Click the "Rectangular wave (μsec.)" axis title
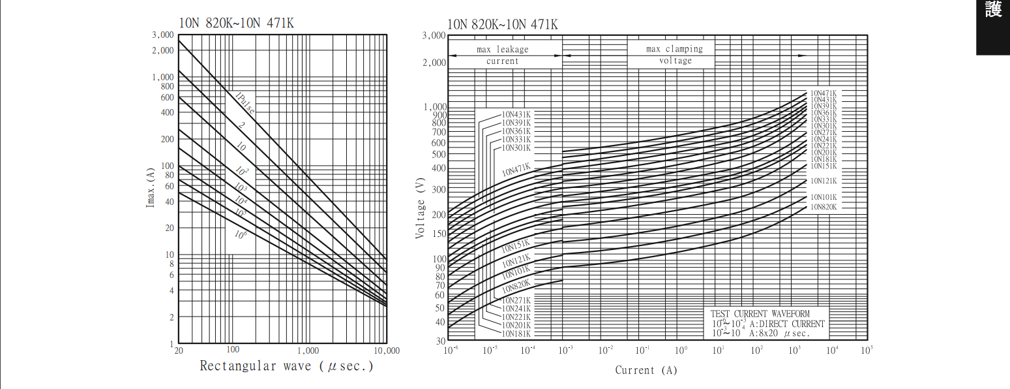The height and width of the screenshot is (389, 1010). click(287, 366)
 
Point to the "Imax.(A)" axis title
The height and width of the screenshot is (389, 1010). click(151, 187)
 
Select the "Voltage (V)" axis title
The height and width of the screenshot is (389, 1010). click(420, 208)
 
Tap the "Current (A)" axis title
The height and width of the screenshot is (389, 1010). click(646, 371)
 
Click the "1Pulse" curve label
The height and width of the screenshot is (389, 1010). click(244, 102)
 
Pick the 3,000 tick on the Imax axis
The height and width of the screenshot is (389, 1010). click(163, 35)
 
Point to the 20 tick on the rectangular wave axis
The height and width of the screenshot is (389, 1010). click(179, 350)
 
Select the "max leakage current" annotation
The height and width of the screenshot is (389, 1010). click(502, 55)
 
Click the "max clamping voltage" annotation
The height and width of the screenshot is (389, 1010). click(675, 55)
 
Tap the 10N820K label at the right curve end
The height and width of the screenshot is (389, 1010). click(824, 207)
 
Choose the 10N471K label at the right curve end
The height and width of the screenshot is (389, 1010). click(824, 93)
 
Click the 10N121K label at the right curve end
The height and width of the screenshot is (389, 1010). click(824, 181)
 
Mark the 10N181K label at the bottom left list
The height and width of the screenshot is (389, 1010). click(516, 334)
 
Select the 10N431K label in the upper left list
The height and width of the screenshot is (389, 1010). click(516, 115)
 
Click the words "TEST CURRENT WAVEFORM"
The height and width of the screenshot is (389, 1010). click(760, 314)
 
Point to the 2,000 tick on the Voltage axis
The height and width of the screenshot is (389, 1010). click(434, 63)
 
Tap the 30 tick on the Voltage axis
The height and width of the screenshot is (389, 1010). click(440, 341)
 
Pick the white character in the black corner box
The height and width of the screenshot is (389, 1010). click(993, 9)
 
